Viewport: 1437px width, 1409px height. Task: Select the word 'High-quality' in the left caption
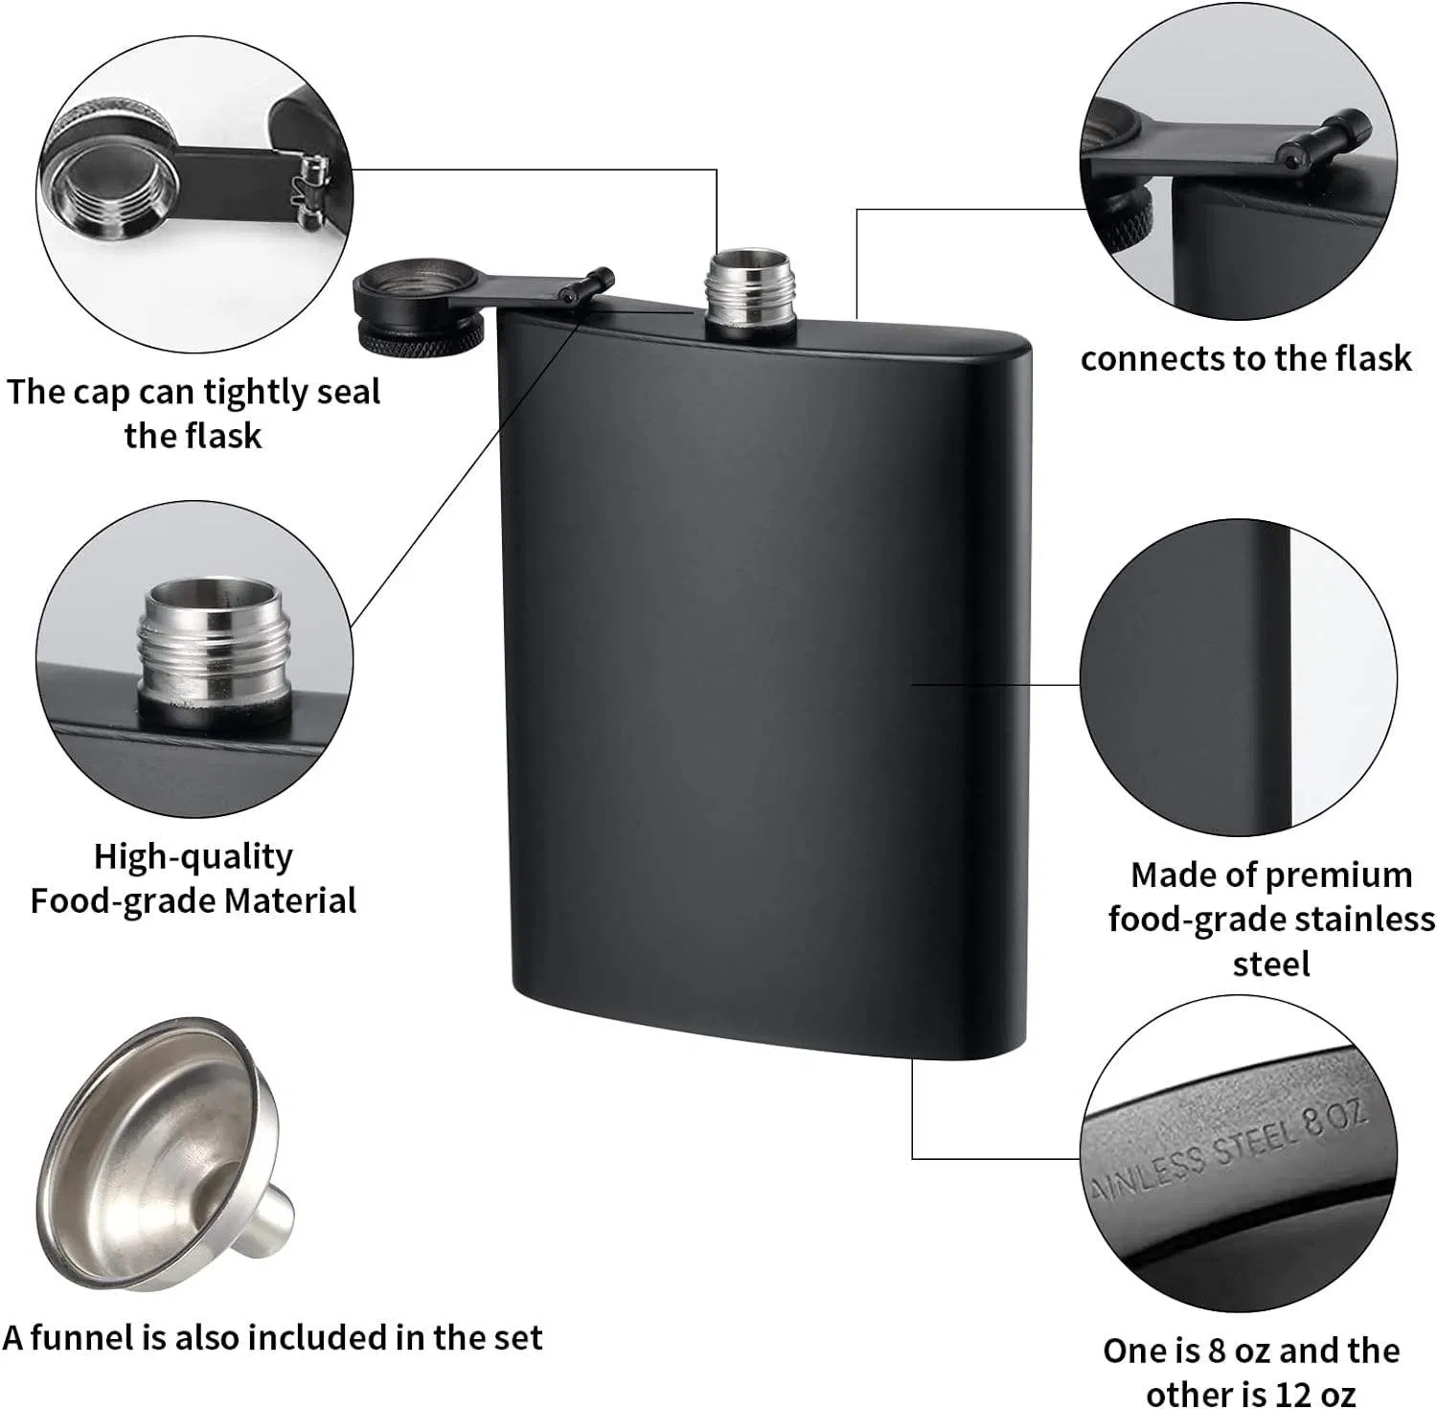tap(193, 855)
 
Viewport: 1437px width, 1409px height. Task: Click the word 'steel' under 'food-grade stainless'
tap(1270, 963)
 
